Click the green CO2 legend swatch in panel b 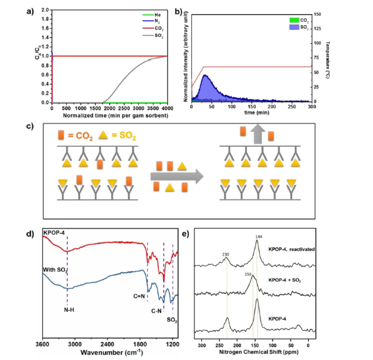293,20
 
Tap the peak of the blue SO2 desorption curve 205,75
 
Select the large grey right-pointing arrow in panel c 177,176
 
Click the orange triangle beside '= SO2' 102,135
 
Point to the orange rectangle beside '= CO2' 62,135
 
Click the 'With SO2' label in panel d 55,270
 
